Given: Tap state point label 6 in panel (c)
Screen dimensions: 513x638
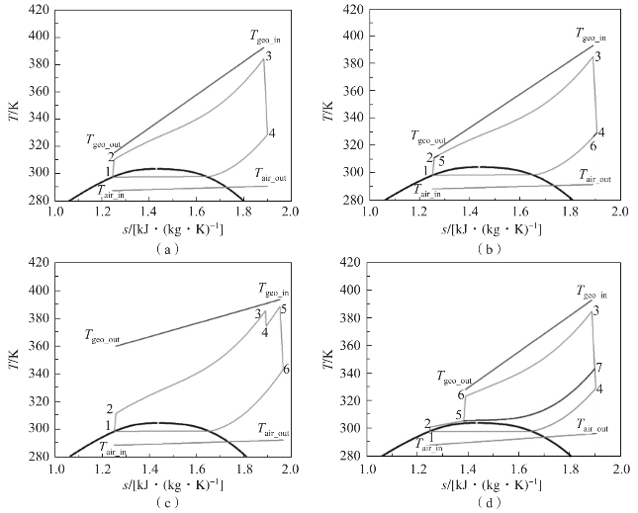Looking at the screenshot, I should click(286, 369).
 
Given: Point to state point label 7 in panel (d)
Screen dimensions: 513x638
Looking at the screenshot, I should click(598, 368).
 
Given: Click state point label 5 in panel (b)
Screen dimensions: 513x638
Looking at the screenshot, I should click(441, 161).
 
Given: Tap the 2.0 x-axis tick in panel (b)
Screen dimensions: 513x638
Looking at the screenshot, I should click(618, 211).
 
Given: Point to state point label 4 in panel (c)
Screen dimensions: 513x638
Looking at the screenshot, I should click(265, 333).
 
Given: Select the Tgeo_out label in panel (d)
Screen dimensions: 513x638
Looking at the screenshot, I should click(455, 376).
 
